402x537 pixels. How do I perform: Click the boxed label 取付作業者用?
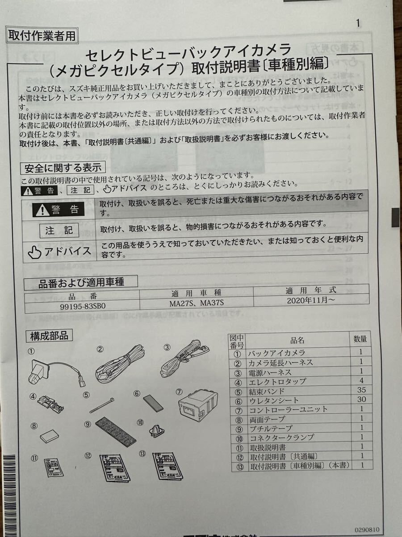[x=42, y=34]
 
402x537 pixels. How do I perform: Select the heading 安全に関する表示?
[x=63, y=168]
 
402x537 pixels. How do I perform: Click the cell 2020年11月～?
[x=311, y=302]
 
